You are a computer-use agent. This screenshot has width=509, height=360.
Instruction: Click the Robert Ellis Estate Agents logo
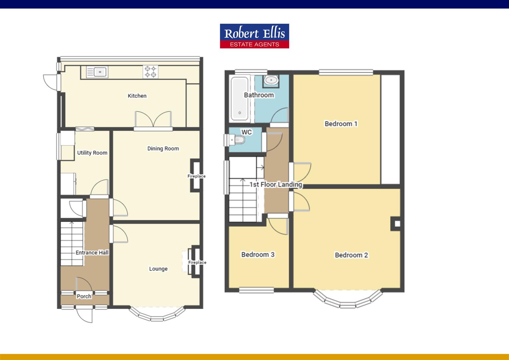[x=254, y=36]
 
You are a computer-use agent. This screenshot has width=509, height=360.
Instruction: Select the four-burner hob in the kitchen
[x=150, y=72]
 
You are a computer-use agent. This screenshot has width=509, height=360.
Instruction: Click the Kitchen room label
[x=137, y=96]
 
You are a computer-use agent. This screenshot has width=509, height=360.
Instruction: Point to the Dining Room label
[x=163, y=148]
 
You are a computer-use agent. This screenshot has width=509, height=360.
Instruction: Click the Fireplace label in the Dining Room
[x=196, y=176]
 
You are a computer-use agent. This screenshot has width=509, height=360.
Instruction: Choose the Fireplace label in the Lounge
[x=197, y=262]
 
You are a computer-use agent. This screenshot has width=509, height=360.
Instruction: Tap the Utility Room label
[x=92, y=153]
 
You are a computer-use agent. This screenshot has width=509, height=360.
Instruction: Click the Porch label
[x=84, y=296]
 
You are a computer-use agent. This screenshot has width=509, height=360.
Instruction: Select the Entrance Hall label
[x=92, y=252]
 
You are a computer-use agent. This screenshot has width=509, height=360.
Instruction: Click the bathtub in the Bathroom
[x=239, y=99]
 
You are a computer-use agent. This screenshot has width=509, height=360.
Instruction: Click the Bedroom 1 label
[x=341, y=124]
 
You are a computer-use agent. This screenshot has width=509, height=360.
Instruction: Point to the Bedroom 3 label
[x=257, y=254]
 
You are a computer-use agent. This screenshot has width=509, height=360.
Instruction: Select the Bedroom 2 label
[x=351, y=255]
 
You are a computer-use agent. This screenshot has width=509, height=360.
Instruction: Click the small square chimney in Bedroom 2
[x=397, y=224]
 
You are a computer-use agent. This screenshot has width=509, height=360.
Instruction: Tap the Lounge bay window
[x=157, y=315]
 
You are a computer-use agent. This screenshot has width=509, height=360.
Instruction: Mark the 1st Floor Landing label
[x=276, y=184]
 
